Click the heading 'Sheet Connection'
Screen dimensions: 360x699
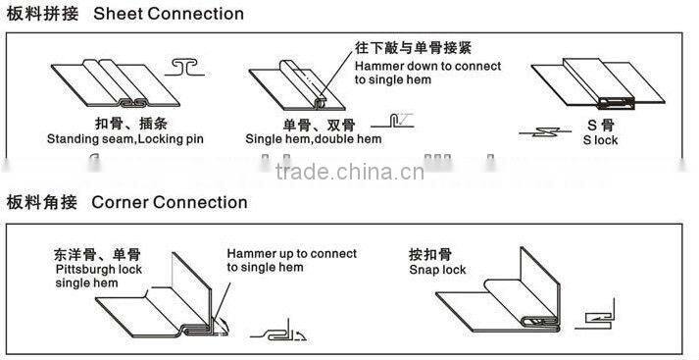(182, 14)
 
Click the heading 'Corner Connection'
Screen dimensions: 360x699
(169, 203)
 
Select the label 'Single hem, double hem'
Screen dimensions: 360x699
(313, 139)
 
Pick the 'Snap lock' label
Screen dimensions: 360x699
(437, 270)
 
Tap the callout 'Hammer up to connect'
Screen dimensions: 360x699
(291, 253)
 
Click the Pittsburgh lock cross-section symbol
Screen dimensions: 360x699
(278, 334)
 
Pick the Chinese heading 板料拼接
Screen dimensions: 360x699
(36, 14)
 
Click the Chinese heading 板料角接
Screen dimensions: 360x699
(36, 203)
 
